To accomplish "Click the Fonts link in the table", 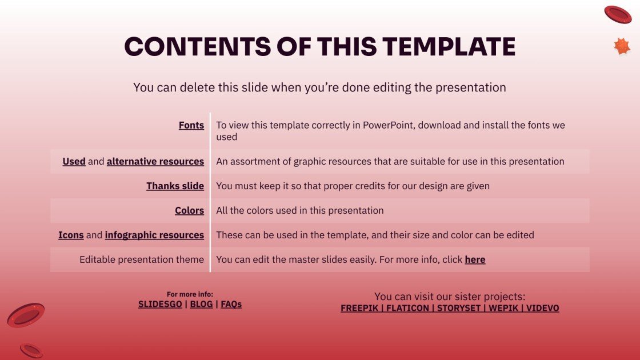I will (x=191, y=125).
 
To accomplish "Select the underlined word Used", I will (x=74, y=161).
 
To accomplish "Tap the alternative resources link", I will (x=155, y=161).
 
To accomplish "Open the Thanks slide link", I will (x=175, y=186).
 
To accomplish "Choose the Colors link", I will (x=189, y=210).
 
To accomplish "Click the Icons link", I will (x=71, y=235).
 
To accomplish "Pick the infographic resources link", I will (x=154, y=235).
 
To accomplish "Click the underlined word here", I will (x=475, y=259).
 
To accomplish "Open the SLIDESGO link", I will (x=160, y=304).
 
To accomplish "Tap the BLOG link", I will (x=201, y=304).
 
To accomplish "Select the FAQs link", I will (x=231, y=304).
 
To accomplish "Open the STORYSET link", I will (x=460, y=308).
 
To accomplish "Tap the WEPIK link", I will (x=503, y=308).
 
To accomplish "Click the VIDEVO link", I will (x=542, y=308).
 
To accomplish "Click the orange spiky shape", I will (x=622, y=46).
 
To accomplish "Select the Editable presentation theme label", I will (x=141, y=259).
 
